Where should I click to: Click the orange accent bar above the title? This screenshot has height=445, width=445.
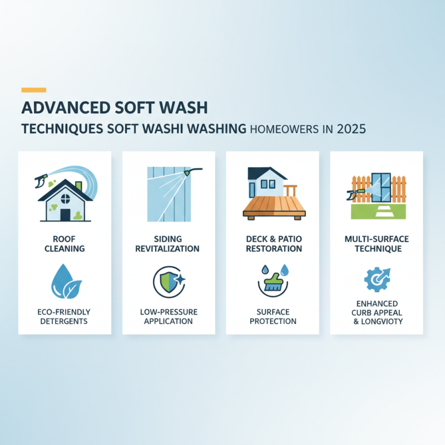[33, 90]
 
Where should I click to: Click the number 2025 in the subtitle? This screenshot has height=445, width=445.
[349, 129]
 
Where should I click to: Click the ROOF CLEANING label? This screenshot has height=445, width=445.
[65, 244]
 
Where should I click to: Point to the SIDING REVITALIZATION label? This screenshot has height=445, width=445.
[169, 244]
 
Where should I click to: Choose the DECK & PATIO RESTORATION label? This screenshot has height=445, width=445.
[273, 244]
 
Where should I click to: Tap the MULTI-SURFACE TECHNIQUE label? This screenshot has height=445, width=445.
[377, 244]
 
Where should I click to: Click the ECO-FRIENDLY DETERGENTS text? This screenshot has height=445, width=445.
[65, 316]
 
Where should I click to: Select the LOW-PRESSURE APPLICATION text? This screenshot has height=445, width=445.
[169, 316]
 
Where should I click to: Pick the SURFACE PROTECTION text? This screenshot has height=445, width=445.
[273, 316]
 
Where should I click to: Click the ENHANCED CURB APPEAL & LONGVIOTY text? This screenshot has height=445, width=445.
[377, 312]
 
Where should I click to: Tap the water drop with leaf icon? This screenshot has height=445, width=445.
[65, 282]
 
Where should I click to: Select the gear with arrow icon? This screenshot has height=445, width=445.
[376, 279]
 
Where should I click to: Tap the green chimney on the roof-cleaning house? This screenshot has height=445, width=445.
[78, 186]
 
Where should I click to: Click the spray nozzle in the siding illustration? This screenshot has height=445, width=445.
[190, 174]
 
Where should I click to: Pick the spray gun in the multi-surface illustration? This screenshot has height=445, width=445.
[354, 194]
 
